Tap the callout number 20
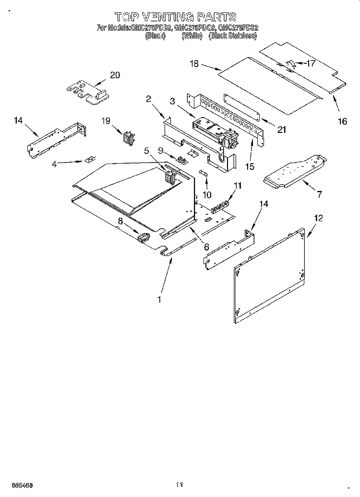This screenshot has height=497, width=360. coord(115,75)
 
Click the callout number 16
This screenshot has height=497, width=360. coord(342,121)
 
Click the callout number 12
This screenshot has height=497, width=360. coord(318,218)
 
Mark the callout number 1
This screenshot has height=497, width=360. coord(159,299)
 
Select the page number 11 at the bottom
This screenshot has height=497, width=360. coord(180,485)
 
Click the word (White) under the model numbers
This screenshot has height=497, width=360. coord(192,35)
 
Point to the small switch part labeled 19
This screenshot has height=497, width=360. coord(128,138)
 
